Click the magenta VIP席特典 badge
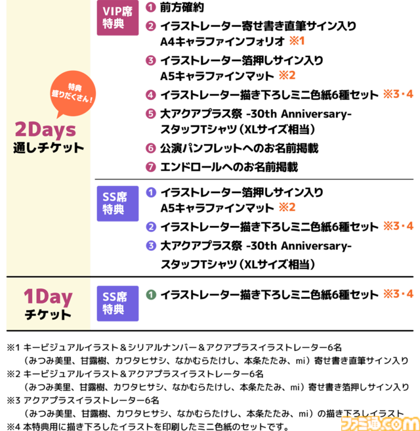coord(117,18)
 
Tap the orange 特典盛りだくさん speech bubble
coord(73,94)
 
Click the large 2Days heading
coord(45,129)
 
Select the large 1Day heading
coord(48,298)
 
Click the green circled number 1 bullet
coord(151,295)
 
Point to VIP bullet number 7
coord(151,167)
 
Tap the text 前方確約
coord(182,7)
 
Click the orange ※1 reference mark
coord(297,41)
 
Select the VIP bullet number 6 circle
coord(151,148)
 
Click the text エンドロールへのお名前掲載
coord(229,167)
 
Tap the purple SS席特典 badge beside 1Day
coord(117,304)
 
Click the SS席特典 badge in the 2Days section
coord(117,204)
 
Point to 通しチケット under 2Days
coord(49,148)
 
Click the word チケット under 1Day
coord(48,315)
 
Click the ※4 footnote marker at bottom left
coord(13,427)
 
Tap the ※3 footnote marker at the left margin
coord(13,401)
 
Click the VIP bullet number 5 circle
coord(151,114)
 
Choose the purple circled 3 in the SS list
coord(151,246)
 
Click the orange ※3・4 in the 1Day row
coord(398,294)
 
